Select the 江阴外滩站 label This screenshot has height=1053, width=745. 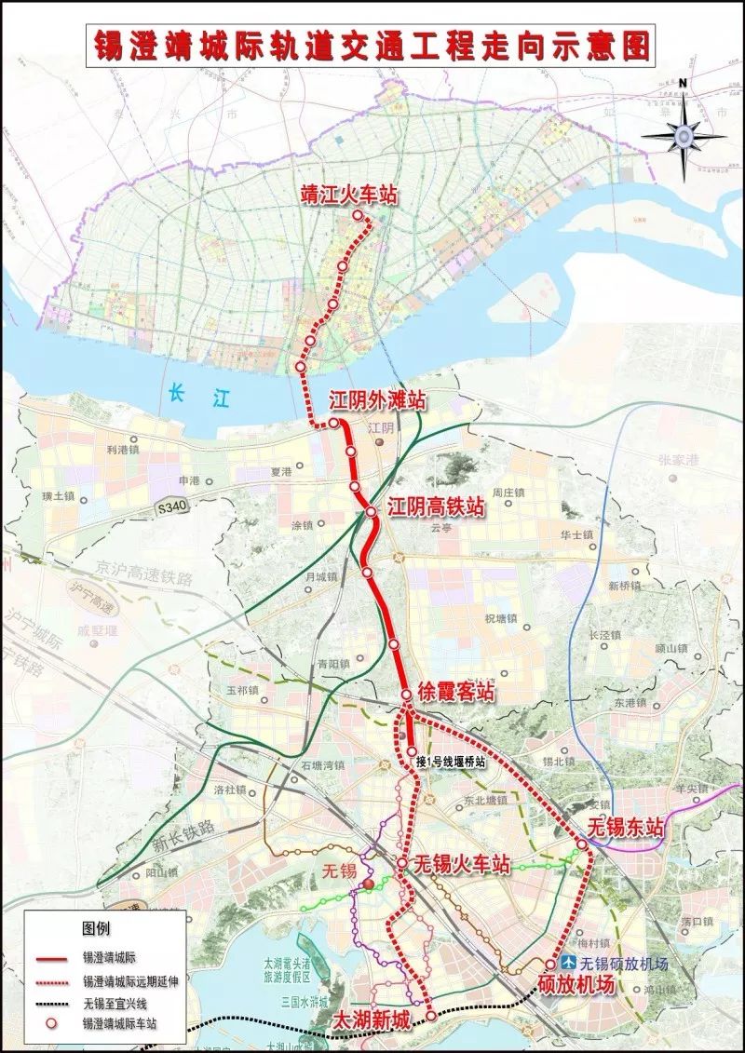pyautogui.click(x=377, y=401)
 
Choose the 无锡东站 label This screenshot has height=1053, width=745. pyautogui.click(x=626, y=826)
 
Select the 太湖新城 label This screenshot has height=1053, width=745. pyautogui.click(x=371, y=1020)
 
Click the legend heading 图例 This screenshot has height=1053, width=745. pyautogui.click(x=96, y=929)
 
